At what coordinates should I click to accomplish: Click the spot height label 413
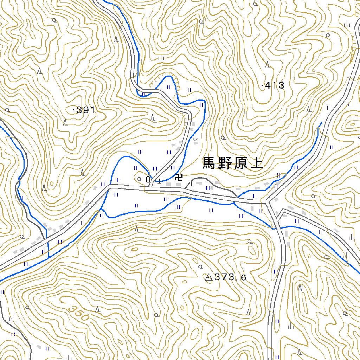(275, 85)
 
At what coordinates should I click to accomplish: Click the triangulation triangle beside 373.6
(208, 278)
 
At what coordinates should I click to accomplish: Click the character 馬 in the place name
(209, 163)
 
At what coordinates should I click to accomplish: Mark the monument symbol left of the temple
(148, 179)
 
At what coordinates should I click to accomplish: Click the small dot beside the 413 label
(263, 85)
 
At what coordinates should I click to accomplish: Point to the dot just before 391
(73, 110)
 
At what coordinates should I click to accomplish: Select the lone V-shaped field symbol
(195, 140)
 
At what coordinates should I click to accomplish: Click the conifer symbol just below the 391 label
(65, 122)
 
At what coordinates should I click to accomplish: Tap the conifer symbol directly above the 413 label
(268, 65)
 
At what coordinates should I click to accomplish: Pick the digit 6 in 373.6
(243, 278)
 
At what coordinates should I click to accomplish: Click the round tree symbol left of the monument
(140, 179)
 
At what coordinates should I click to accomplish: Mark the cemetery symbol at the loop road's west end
(191, 184)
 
